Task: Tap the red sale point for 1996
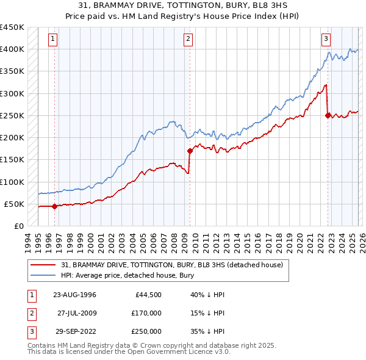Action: tap(54, 206)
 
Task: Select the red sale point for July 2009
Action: tap(190, 150)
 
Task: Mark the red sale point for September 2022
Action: tap(328, 115)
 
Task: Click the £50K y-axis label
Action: tap(15, 204)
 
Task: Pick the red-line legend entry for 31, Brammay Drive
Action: tap(172, 265)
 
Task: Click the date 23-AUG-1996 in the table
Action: tap(74, 295)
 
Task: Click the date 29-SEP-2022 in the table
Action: tap(74, 331)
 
